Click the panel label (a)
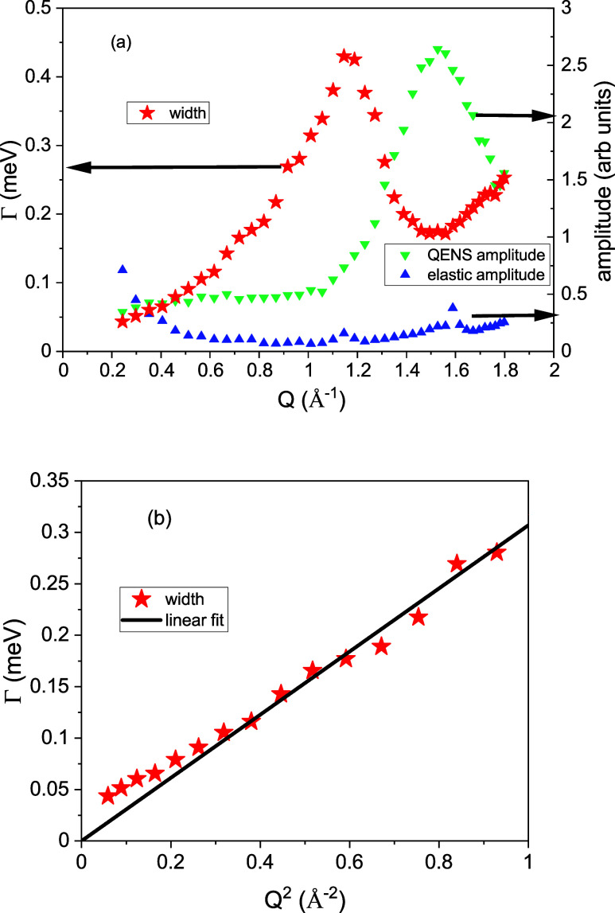(x=121, y=42)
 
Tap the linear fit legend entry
(x=173, y=620)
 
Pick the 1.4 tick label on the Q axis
(x=407, y=371)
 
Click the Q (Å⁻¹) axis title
(x=311, y=400)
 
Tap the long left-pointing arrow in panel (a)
(x=174, y=167)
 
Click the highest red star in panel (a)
(x=344, y=57)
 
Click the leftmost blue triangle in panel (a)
(x=123, y=269)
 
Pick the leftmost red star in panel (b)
(x=107, y=796)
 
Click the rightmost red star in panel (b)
(x=496, y=552)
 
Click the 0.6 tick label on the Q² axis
(x=349, y=861)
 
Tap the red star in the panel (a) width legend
(x=148, y=112)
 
